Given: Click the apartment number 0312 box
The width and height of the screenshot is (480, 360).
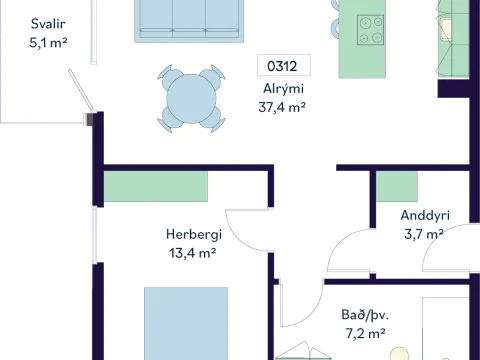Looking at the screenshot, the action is coord(284,65).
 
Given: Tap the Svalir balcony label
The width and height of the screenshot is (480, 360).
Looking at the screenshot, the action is coord(48,24).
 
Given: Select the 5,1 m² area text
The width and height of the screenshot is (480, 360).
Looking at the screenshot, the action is coord(48,43).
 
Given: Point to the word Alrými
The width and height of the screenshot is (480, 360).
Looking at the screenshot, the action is coord(283,89).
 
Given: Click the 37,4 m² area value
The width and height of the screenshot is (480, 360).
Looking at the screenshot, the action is coord(282,107).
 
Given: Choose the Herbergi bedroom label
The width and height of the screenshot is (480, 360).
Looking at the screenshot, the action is coord(194,235).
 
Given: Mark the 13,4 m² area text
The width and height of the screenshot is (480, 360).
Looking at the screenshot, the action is coord(192,253).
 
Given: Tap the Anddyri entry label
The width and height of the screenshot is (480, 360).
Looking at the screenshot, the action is coord(425,216).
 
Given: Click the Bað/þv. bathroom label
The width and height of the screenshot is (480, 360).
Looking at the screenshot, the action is coord(365,315).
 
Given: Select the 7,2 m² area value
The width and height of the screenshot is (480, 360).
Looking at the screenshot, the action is coord(366,333).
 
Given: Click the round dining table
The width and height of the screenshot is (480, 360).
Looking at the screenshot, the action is coord(191,99).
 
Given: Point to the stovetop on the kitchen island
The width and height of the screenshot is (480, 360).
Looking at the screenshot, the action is coord(370,30).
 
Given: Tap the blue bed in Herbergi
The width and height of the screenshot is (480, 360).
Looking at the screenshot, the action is coord(186,323).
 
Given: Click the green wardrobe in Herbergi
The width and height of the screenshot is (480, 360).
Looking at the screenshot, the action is coord(156,187).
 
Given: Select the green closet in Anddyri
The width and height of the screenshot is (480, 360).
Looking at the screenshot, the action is coord(397,187).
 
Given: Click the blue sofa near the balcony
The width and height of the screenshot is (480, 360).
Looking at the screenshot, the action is coord(189,21).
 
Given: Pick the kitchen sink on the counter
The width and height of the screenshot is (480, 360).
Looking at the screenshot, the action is coord(446,30).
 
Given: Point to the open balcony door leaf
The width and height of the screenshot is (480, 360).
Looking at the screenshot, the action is coord(81,90).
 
